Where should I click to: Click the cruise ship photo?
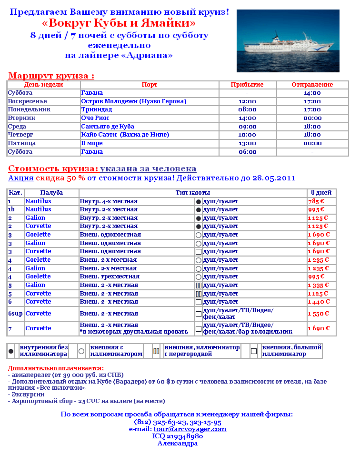click(x=288, y=41)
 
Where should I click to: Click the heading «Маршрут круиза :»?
click(x=51, y=76)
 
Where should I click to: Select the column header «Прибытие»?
click(x=247, y=85)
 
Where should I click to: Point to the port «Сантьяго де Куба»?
click(x=108, y=127)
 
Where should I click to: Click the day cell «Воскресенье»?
click(x=27, y=101)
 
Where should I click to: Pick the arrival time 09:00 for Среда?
click(x=247, y=127)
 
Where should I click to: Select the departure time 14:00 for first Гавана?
click(x=312, y=93)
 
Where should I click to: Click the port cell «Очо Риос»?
click(x=95, y=118)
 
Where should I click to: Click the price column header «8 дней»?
click(x=321, y=193)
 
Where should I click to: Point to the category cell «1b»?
click(x=11, y=209)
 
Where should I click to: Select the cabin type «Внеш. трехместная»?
click(x=110, y=276)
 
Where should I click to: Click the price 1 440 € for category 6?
click(x=319, y=302)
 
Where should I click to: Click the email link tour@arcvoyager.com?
click(x=190, y=429)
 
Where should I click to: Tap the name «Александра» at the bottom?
click(x=177, y=443)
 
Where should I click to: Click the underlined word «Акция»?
click(x=20, y=178)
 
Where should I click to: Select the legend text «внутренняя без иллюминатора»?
click(x=43, y=351)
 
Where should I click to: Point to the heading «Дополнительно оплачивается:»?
click(x=56, y=368)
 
